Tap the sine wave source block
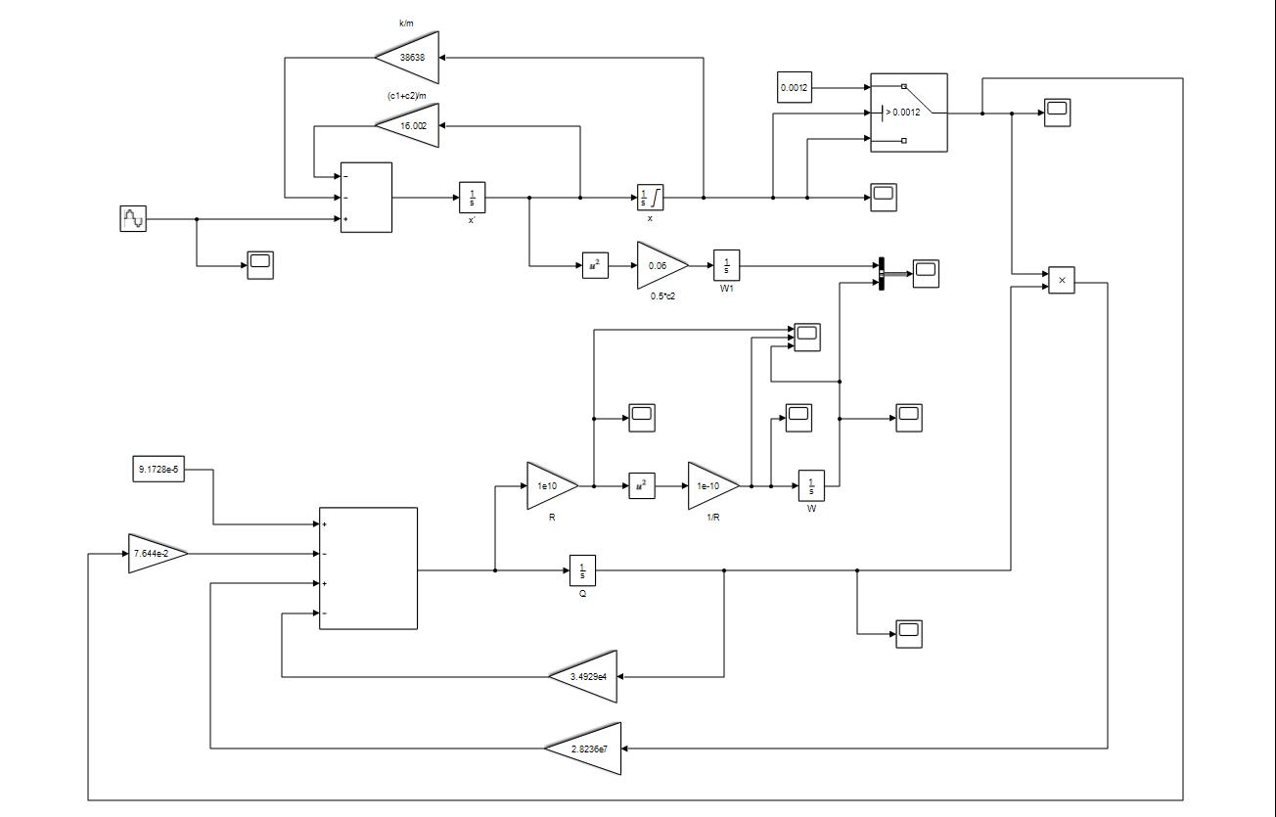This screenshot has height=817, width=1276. [132, 219]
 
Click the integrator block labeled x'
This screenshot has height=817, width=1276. [473, 198]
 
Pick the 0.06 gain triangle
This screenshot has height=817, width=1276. [660, 265]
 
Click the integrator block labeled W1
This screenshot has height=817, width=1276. [726, 265]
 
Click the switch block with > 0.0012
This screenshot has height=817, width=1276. [909, 113]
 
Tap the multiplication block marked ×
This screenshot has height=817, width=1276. [1062, 281]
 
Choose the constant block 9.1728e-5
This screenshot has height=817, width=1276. [158, 469]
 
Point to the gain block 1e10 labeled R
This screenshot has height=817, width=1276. [549, 485]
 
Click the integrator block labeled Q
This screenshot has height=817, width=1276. [582, 569]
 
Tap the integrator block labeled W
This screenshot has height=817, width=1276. [811, 485]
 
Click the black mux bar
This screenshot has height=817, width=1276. [882, 274]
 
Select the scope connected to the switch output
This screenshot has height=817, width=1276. [1057, 113]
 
